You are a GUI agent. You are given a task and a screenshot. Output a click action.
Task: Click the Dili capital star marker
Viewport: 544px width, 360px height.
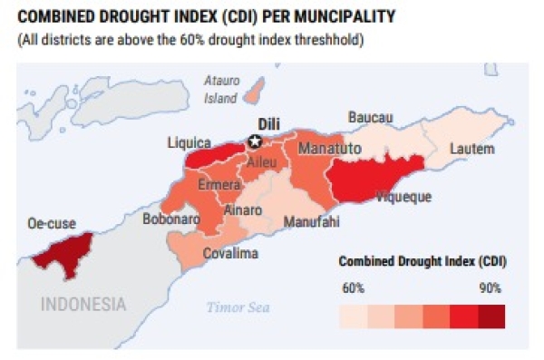256,141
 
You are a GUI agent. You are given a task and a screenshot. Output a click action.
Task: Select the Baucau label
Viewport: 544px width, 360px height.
371,118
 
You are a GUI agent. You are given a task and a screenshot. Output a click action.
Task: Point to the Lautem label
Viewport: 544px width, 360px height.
471,148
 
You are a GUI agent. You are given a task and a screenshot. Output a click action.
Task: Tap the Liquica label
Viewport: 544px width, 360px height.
189,143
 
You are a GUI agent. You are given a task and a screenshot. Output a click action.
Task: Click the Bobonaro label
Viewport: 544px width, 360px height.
166,219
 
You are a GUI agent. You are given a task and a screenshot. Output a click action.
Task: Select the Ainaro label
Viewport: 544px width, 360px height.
242,210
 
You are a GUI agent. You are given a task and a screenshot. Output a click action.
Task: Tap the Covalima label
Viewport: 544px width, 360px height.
229,254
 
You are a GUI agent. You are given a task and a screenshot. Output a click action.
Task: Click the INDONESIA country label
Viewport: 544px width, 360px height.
83,305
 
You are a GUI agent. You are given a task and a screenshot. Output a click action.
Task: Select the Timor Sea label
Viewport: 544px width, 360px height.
238,306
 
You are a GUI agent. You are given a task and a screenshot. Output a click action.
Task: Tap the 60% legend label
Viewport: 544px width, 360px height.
353,288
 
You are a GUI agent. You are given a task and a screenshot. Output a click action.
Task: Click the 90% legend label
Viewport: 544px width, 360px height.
490,288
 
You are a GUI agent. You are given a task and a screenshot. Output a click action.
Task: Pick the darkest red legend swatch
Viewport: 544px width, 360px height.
491,316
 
